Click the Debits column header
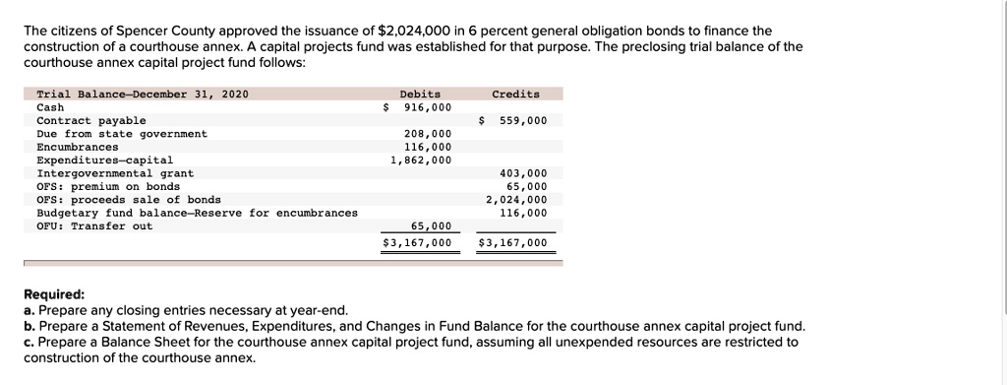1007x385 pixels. (420, 95)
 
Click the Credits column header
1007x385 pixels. (515, 95)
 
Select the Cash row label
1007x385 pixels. (50, 107)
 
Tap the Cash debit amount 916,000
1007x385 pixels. (428, 107)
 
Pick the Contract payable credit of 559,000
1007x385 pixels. (523, 121)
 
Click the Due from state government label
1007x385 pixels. (122, 134)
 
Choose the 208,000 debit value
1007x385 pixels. (428, 134)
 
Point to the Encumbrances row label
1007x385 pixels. (78, 147)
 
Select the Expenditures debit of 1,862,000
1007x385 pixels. (421, 160)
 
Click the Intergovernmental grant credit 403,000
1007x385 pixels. (523, 173)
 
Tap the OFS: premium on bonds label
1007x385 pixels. (108, 186)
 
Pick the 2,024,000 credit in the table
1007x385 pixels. (516, 200)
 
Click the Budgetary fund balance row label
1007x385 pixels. (197, 213)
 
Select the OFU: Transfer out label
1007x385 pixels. (94, 226)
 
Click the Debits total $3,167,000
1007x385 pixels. (418, 242)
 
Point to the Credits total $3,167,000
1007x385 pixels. (513, 242)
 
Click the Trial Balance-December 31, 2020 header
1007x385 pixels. (143, 95)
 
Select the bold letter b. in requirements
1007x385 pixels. (30, 326)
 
